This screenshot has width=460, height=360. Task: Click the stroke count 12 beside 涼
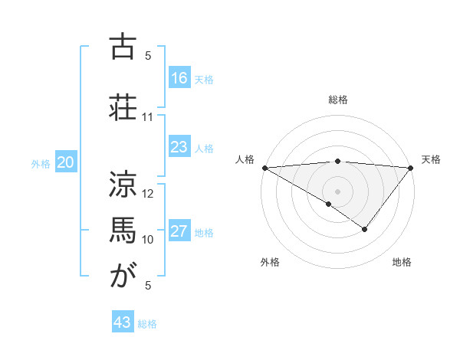[x=148, y=195]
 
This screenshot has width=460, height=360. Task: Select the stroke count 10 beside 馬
[x=148, y=240]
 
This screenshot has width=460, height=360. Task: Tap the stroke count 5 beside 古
[x=148, y=56]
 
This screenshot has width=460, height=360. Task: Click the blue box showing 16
[x=179, y=78]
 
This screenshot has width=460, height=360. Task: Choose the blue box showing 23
[x=179, y=147]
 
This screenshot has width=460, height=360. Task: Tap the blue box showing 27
[x=179, y=231]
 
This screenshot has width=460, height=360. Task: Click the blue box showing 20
[x=66, y=162]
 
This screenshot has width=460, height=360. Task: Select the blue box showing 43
[x=123, y=322]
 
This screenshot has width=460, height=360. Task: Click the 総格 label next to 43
[x=148, y=324]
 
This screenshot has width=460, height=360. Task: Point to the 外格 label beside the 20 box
[x=41, y=164]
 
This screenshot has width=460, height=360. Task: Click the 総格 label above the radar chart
[x=337, y=100]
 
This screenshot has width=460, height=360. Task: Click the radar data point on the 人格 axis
[x=264, y=168]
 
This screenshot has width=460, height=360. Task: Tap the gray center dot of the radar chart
[x=337, y=191]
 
